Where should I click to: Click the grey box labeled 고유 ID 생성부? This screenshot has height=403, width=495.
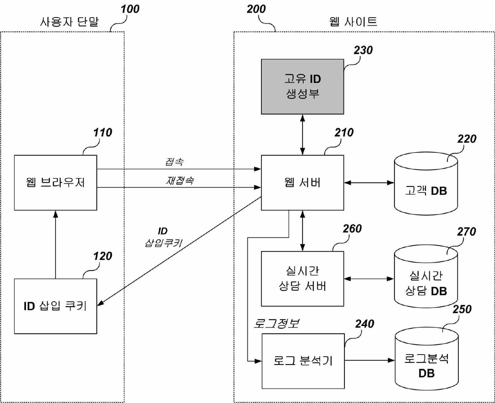click(302, 87)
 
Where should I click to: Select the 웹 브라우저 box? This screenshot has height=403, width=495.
click(55, 182)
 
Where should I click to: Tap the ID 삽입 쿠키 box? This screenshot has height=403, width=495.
click(55, 306)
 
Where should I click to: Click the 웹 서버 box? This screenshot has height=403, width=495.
click(302, 182)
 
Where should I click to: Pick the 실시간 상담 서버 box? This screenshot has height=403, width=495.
click(302, 278)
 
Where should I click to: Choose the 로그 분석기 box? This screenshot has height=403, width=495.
click(303, 361)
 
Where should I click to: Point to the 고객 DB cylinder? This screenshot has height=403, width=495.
click(426, 187)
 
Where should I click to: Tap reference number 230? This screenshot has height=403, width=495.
click(363, 50)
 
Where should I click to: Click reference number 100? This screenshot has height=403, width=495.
click(130, 9)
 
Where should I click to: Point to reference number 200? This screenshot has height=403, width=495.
click(256, 9)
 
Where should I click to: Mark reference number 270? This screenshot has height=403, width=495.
click(466, 232)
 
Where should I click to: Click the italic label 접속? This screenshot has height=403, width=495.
click(174, 162)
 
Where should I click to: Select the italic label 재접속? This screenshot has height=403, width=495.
click(180, 180)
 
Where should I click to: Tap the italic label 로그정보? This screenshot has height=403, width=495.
click(276, 323)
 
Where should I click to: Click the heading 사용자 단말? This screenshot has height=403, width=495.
click(69, 22)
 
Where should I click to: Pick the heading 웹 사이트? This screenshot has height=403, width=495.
click(353, 22)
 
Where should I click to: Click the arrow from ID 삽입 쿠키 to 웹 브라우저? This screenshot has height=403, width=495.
click(55, 244)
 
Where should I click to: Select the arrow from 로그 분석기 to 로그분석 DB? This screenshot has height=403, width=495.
click(370, 360)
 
